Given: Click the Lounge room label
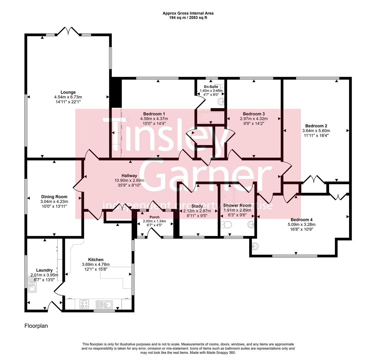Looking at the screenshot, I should point(68,92).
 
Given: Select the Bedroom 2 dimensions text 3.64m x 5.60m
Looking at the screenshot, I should point(316,131).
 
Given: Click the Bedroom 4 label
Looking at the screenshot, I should point(301,220).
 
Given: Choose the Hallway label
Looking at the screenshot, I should point(129,176).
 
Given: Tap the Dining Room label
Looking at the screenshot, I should point(54,197).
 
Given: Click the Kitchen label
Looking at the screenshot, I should point(96,260).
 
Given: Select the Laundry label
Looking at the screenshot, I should point(44,270).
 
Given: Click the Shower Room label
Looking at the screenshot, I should point(237,205).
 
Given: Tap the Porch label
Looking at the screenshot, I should point(155,217).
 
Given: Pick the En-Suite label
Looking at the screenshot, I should point(210,86).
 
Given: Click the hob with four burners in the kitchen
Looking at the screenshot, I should point(84,304).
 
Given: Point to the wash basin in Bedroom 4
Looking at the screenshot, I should point(256,247).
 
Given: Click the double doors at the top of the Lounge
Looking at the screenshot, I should point(68,32).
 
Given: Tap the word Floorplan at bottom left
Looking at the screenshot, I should point(36,326).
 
